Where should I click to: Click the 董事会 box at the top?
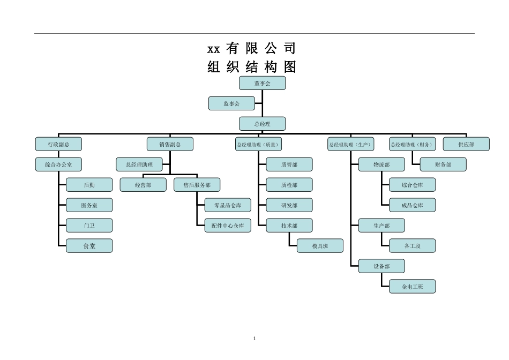pyautogui.click(x=262, y=83)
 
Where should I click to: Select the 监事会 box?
pyautogui.click(x=231, y=103)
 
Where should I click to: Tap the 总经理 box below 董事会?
pyautogui.click(x=262, y=124)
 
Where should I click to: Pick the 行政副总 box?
pyautogui.click(x=58, y=144)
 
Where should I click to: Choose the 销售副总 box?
pyautogui.click(x=170, y=144)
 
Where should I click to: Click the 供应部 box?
pyautogui.click(x=466, y=144)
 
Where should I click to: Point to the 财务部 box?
pyautogui.click(x=443, y=164)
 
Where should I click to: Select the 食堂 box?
pyautogui.click(x=89, y=246)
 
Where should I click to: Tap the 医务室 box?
pyautogui.click(x=89, y=205)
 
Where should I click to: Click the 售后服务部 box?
pyautogui.click(x=197, y=185)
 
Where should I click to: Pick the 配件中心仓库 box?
pyautogui.click(x=228, y=226)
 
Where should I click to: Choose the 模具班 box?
pyautogui.click(x=320, y=246)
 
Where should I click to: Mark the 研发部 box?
pyautogui.click(x=289, y=205)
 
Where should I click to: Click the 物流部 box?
pyautogui.click(x=381, y=164)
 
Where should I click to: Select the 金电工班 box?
pyautogui.click(x=412, y=287)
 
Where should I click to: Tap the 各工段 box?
pyautogui.click(x=412, y=246)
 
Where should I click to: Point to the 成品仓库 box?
pyautogui.click(x=412, y=205)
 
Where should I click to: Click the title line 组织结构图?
pyautogui.click(x=252, y=67)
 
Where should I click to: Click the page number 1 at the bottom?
pyautogui.click(x=254, y=339)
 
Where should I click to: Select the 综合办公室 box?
pyautogui.click(x=58, y=164)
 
